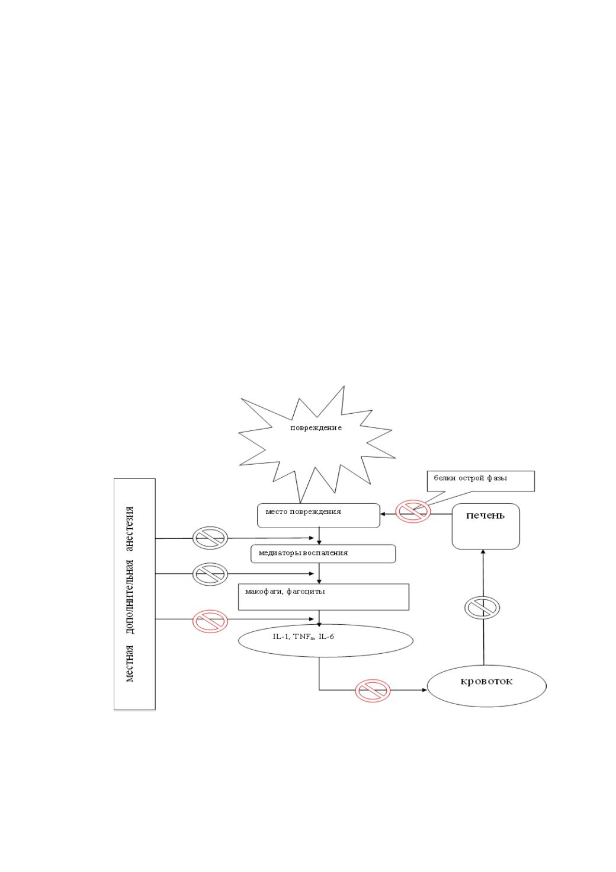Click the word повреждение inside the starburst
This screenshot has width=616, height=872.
[316, 428]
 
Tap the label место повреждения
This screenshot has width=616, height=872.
[303, 512]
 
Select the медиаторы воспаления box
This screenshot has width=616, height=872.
[323, 554]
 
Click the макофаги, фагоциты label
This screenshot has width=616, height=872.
[285, 592]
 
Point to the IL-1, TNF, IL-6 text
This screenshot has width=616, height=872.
[303, 637]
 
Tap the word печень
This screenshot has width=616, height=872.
[485, 515]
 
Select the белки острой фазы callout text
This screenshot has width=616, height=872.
[470, 478]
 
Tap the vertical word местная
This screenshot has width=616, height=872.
[130, 663]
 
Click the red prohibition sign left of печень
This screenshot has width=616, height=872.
[413, 511]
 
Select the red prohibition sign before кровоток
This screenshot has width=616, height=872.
[373, 691]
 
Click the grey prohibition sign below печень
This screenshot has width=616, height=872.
[482, 607]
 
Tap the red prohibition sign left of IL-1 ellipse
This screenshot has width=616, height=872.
[210, 621]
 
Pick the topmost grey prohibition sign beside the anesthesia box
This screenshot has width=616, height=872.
[210, 538]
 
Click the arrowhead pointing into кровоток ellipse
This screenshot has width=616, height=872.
[425, 690]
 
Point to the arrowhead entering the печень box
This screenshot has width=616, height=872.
[483, 552]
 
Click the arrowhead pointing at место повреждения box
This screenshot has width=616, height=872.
[383, 514]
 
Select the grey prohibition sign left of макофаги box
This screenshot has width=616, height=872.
[210, 574]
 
